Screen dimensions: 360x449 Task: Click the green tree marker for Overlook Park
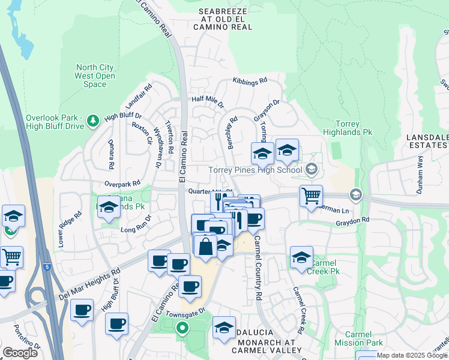tap(92, 122)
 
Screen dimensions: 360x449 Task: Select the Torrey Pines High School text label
tap(255, 170)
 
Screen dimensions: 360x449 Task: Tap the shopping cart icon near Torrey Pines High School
tap(311, 196)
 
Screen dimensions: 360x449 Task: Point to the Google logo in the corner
tap(20, 353)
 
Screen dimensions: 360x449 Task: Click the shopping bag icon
tap(205, 246)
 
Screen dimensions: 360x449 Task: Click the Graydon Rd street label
tap(352, 221)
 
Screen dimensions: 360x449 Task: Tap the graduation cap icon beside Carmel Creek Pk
tap(301, 257)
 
